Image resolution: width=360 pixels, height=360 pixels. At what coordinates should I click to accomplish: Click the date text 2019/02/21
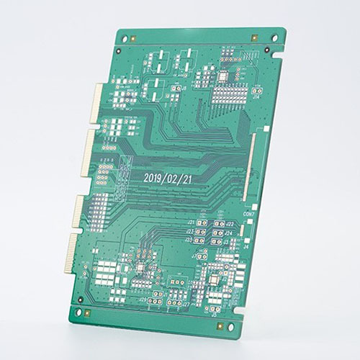point(167,176)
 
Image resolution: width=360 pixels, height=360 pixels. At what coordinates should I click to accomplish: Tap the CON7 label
point(249,214)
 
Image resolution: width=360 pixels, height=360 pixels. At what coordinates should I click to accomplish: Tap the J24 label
point(228,233)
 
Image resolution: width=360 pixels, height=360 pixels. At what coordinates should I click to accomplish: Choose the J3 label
point(225,243)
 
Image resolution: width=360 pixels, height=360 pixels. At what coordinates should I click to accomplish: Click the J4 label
point(246,246)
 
